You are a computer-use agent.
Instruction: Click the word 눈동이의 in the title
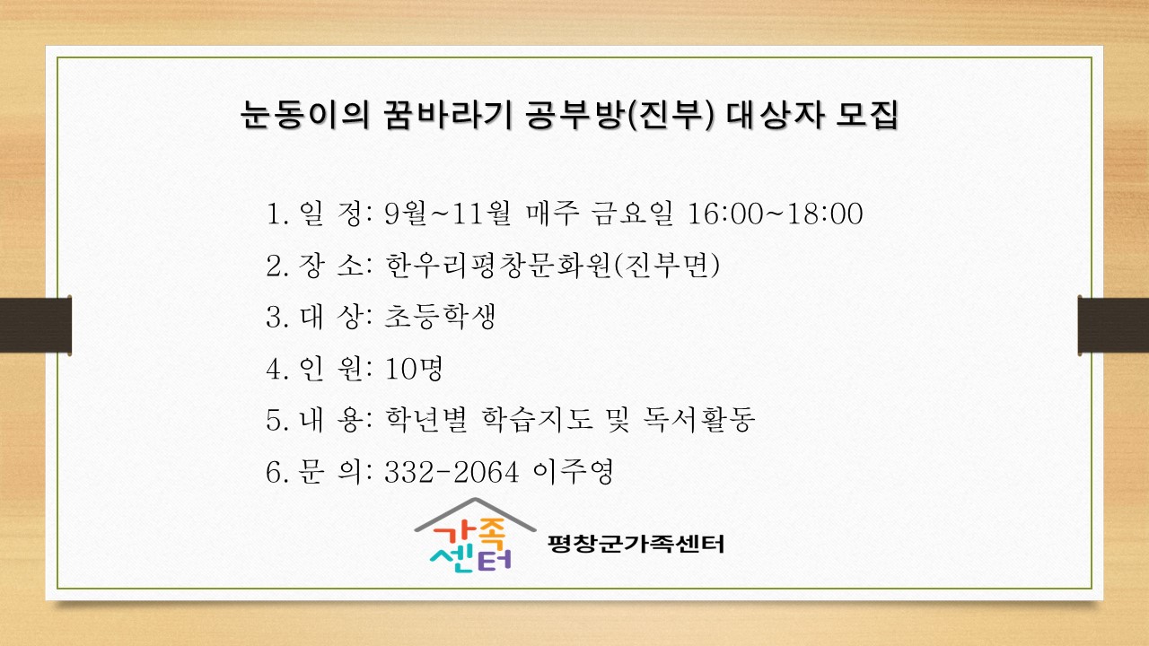[x=304, y=114]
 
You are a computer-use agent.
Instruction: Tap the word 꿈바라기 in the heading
[x=447, y=114]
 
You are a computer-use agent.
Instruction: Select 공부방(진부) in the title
[x=619, y=114]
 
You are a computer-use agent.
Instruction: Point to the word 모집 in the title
[x=866, y=114]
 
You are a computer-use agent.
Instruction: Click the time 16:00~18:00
[x=775, y=214]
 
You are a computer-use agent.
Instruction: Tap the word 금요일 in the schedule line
[x=632, y=214]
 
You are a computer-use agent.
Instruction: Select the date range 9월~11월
[x=447, y=214]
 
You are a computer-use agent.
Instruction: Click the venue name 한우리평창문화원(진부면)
[x=552, y=265]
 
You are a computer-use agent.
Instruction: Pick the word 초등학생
[x=440, y=317]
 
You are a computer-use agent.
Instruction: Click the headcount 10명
[x=414, y=368]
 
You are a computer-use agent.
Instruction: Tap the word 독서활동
[x=698, y=419]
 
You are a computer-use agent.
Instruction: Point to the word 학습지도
[x=537, y=419]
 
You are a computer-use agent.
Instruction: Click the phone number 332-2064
[x=452, y=472]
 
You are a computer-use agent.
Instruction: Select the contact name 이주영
[x=573, y=472]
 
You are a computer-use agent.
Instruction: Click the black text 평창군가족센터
[x=636, y=544]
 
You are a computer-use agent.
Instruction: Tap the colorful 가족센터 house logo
[x=475, y=535]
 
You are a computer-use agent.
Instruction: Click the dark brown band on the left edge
[x=35, y=325]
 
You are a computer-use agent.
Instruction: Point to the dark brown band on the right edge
[x=1113, y=325]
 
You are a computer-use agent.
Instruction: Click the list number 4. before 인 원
[x=277, y=369]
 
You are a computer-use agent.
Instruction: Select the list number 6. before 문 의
[x=277, y=472]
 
